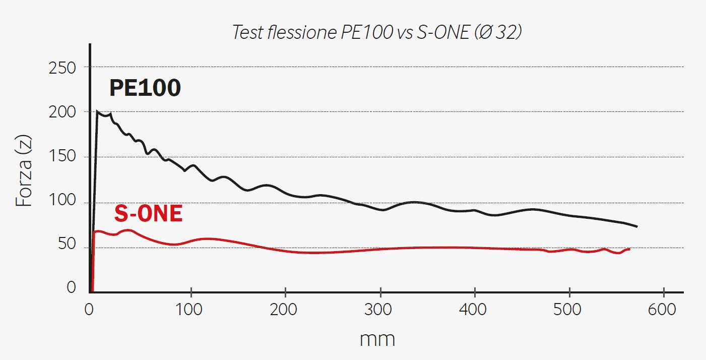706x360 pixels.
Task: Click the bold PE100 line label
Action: coord(145,89)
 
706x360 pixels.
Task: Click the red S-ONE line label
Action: coord(148,214)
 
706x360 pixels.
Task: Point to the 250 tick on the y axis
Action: coord(62,68)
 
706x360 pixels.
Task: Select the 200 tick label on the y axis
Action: coord(62,112)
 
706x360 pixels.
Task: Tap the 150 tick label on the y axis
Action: coord(62,157)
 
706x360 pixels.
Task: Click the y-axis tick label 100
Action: coord(62,202)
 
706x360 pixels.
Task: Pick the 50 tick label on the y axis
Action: coord(67,246)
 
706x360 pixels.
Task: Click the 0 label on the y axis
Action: coord(71,287)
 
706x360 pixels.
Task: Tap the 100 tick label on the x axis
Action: coord(190,309)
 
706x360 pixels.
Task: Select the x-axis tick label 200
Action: coord(285,309)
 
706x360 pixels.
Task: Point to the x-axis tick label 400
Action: coord(474,309)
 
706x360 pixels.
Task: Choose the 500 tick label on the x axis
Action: coord(568,309)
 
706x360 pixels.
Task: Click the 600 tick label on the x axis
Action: coord(663,309)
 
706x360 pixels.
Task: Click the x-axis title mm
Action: coord(377,339)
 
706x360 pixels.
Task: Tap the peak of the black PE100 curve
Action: coord(97,111)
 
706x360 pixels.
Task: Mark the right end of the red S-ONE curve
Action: coord(629,249)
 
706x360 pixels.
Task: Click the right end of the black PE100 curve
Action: coord(637,226)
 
